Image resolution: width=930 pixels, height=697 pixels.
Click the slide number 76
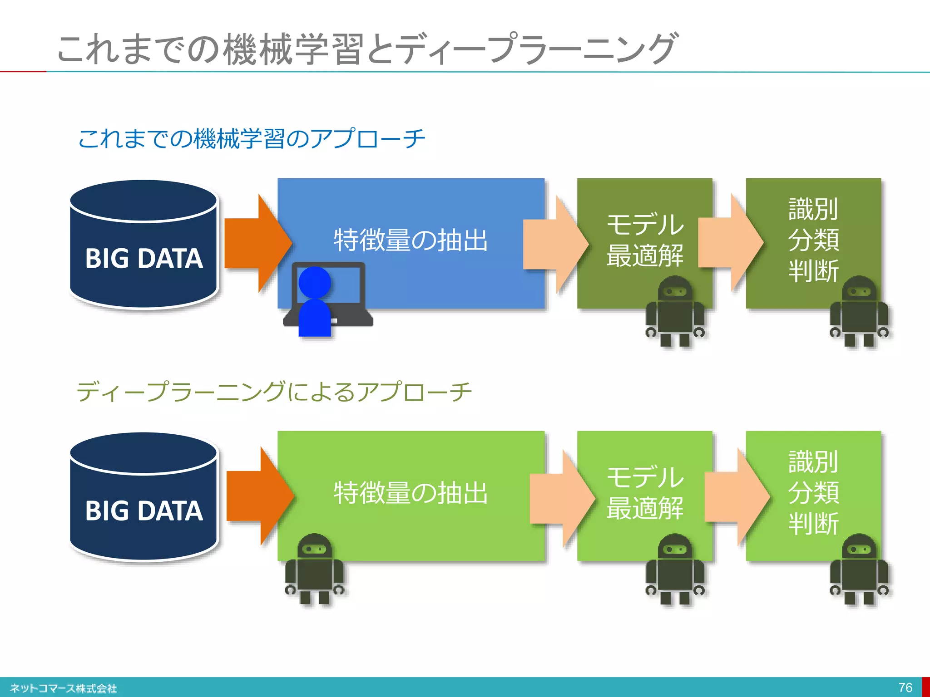point(905,687)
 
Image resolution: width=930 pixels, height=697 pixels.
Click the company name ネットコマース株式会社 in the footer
point(63,688)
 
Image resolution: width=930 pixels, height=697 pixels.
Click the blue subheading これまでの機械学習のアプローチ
point(252,138)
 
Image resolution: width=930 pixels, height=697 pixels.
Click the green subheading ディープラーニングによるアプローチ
point(274,392)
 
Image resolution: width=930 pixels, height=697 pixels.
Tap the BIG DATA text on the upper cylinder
point(143,259)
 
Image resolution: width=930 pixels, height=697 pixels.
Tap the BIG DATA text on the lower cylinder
point(143,511)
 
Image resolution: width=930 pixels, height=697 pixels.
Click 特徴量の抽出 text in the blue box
point(411,240)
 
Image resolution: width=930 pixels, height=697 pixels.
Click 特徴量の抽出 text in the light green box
point(411,493)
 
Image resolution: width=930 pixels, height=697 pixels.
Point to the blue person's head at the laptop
point(314,282)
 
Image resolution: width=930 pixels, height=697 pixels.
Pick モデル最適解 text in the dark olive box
point(645,240)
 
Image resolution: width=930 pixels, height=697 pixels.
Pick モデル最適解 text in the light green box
point(645,493)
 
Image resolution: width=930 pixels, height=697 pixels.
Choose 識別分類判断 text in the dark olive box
point(813,240)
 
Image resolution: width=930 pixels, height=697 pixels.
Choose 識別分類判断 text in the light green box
point(813,493)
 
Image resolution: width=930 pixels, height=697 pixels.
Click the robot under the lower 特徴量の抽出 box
point(314,569)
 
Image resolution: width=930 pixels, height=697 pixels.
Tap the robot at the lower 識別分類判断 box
point(859,569)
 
